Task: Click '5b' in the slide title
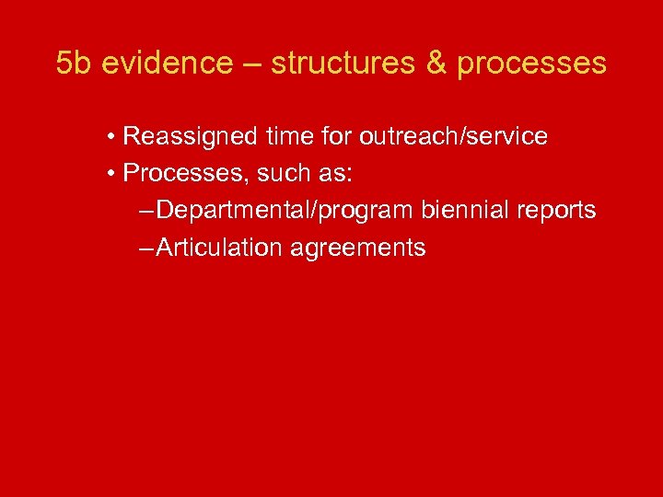(x=75, y=64)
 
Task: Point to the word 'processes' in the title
(x=531, y=64)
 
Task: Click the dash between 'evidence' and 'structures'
(x=252, y=64)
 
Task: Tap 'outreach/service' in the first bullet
(x=453, y=137)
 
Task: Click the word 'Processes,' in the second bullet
(x=176, y=173)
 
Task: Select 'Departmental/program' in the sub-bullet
(x=286, y=210)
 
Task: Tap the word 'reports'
(x=557, y=210)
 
